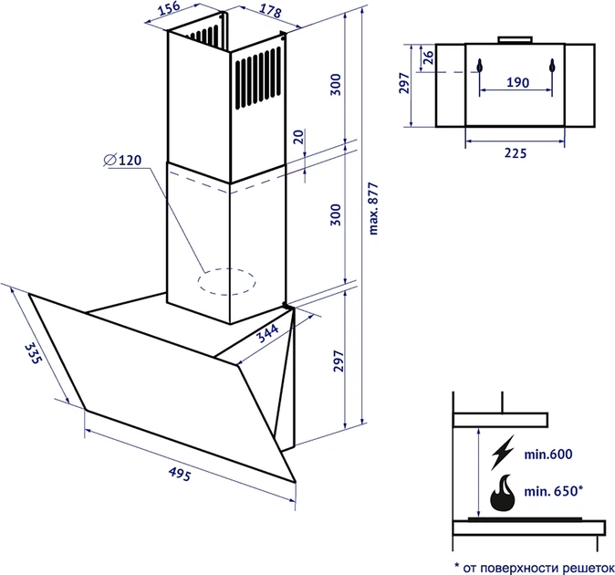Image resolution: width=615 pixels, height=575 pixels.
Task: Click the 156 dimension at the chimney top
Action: tap(169, 8)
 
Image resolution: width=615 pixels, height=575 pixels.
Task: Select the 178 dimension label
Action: tap(270, 11)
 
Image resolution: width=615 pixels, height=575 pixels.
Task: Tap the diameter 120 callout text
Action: tap(122, 160)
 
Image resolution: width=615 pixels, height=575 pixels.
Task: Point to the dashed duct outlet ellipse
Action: tap(226, 282)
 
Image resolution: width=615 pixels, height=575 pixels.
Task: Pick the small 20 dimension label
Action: tap(299, 137)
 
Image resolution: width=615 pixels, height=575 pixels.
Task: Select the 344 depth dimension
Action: tap(268, 333)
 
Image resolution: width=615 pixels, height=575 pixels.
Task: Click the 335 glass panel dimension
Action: tap(32, 353)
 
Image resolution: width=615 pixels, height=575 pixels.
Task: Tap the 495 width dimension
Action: tap(180, 475)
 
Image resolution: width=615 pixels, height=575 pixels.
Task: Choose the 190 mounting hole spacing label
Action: tap(517, 82)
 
